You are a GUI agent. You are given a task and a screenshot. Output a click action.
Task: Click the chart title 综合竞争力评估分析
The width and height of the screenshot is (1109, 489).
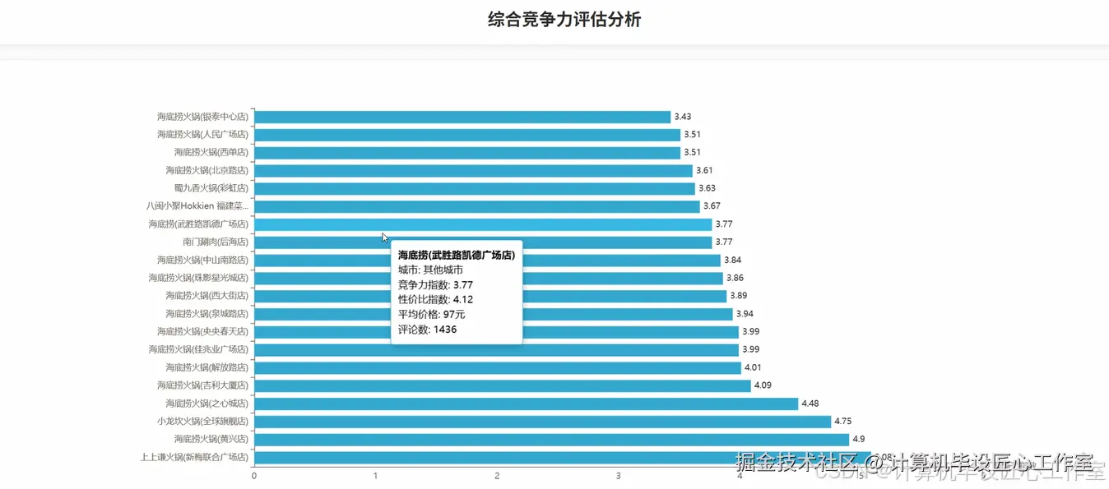pyautogui.click(x=564, y=20)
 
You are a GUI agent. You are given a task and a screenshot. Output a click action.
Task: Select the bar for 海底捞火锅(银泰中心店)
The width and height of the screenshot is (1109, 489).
pyautogui.click(x=462, y=117)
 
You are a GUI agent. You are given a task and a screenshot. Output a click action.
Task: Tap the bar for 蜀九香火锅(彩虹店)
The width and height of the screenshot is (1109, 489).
pyautogui.click(x=474, y=188)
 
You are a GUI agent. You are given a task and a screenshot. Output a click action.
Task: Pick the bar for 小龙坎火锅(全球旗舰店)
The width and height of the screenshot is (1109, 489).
pyautogui.click(x=542, y=422)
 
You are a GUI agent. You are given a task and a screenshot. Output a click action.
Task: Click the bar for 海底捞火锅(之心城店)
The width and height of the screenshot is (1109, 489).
pyautogui.click(x=526, y=404)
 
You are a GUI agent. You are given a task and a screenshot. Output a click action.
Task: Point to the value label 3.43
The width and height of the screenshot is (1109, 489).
pyautogui.click(x=682, y=117)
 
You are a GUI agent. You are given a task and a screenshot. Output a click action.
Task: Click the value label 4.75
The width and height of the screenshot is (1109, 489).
pyautogui.click(x=843, y=422)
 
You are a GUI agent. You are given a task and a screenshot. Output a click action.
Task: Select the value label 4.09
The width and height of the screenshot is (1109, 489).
pyautogui.click(x=763, y=385)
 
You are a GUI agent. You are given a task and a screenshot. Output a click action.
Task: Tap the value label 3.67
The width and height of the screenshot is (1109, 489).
pyautogui.click(x=712, y=206)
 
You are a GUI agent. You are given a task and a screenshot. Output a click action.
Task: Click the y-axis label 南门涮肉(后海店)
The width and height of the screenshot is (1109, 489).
pyautogui.click(x=215, y=242)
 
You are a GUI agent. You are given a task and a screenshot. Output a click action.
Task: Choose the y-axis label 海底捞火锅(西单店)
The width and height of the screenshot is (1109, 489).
pyautogui.click(x=211, y=153)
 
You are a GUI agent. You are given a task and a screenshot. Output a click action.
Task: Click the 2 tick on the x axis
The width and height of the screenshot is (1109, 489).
pyautogui.click(x=497, y=476)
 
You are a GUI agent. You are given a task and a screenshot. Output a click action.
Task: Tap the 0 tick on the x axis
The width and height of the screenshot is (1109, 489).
pyautogui.click(x=254, y=476)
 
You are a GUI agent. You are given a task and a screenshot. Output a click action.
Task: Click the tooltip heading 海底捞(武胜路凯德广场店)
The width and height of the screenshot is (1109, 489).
pyautogui.click(x=457, y=256)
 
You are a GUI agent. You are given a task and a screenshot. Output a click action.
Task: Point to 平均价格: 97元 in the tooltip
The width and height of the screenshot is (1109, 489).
pyautogui.click(x=432, y=315)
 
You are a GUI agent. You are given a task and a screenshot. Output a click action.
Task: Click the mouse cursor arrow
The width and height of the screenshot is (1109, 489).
pyautogui.click(x=385, y=238)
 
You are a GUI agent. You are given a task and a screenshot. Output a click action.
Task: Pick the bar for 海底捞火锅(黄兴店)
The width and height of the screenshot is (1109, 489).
pyautogui.click(x=551, y=440)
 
